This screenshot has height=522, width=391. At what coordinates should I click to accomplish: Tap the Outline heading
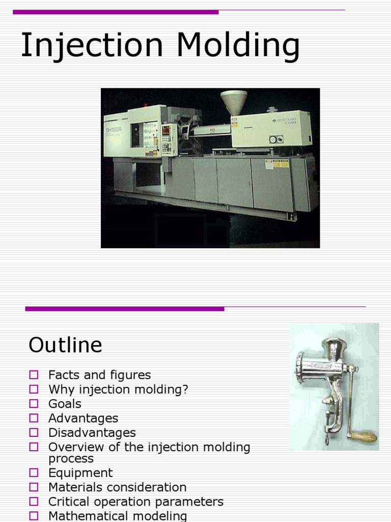click(65, 345)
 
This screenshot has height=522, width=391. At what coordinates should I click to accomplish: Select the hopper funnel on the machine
click(234, 101)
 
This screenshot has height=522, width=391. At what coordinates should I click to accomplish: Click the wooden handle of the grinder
click(365, 437)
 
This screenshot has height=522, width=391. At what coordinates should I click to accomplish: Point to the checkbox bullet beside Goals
click(34, 404)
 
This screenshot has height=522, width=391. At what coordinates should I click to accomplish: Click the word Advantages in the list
click(83, 419)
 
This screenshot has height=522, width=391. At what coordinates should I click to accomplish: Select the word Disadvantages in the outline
click(92, 433)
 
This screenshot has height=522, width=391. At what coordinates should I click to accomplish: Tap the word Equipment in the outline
click(80, 473)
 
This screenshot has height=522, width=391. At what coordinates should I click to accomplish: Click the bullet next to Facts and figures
click(34, 375)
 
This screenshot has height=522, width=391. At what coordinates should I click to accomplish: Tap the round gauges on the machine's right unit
click(276, 139)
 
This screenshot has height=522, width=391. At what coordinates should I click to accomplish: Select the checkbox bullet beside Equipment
click(34, 473)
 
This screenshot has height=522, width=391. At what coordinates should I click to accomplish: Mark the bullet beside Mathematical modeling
click(34, 516)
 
